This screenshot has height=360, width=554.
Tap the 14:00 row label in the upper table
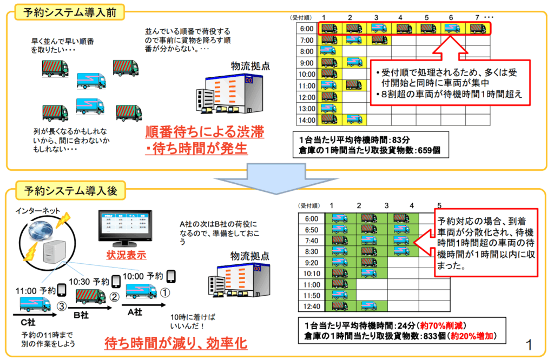pos(307,119)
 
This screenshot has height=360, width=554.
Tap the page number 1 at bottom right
pos(529,344)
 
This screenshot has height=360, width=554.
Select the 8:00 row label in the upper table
pos(307,51)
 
